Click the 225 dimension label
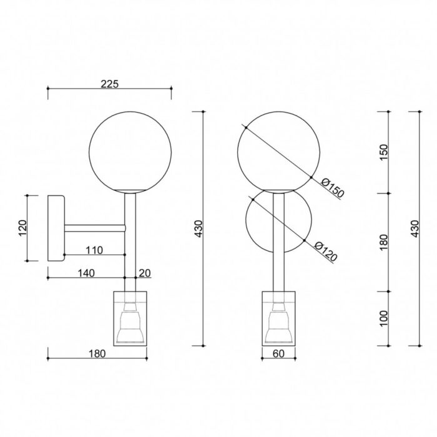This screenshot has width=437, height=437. pyautogui.click(x=109, y=84)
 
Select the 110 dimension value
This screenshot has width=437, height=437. pyautogui.click(x=94, y=250)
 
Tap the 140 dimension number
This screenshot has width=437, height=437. pyautogui.click(x=86, y=273)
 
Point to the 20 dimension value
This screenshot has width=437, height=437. pyautogui.click(x=145, y=273)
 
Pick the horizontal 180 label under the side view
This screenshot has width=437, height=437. pyautogui.click(x=97, y=354)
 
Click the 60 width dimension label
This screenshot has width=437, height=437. pyautogui.click(x=278, y=354)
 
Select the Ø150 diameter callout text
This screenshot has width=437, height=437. pyautogui.click(x=333, y=187)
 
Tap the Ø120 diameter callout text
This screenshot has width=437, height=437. pyautogui.click(x=326, y=252)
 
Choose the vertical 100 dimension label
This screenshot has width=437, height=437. pyautogui.click(x=384, y=318)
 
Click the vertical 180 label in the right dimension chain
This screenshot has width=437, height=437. pyautogui.click(x=384, y=242)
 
